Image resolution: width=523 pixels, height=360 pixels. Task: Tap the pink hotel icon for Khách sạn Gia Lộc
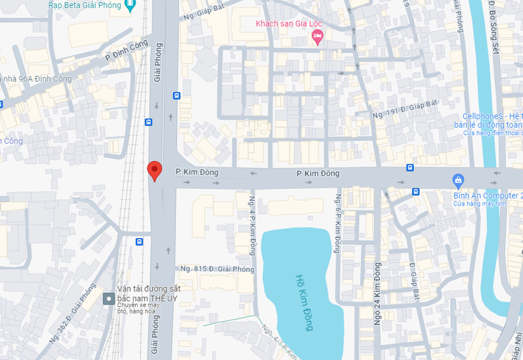pos(317,38)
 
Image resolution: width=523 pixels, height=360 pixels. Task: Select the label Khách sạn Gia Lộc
pos(289,24)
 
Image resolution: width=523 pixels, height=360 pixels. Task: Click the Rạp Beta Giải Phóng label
pos(85,4)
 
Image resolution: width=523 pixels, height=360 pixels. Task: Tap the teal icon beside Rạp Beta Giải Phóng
pos(131,4)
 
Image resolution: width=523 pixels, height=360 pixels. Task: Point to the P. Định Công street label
pos(126,52)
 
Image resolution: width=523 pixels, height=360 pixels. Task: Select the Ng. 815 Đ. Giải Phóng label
pos(217,269)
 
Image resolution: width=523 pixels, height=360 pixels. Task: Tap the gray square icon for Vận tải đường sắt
pos(109,298)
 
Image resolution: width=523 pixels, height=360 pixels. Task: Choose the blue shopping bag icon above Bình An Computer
pos(457,181)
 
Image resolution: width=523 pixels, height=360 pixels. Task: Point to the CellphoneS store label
pos(492,116)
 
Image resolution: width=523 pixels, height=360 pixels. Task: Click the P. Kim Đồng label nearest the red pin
pos(196,172)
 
